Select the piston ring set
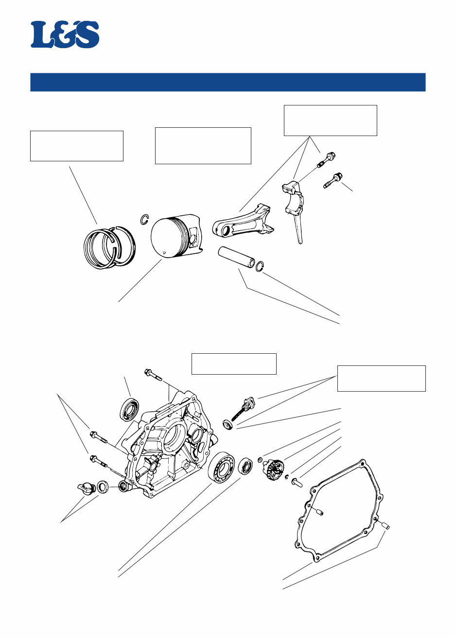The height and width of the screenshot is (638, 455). click(108, 246)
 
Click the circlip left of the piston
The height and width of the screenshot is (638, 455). click(144, 220)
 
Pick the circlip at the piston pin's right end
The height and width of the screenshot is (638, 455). click(260, 266)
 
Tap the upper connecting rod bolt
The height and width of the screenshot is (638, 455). click(328, 160)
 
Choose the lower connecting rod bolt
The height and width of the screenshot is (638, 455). click(333, 180)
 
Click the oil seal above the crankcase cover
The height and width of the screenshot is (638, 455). click(129, 409)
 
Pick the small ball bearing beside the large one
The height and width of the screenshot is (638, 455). click(245, 467)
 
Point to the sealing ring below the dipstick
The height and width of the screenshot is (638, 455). click(227, 425)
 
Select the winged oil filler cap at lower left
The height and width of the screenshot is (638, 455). click(86, 488)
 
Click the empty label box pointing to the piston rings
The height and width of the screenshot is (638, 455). click(76, 145)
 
